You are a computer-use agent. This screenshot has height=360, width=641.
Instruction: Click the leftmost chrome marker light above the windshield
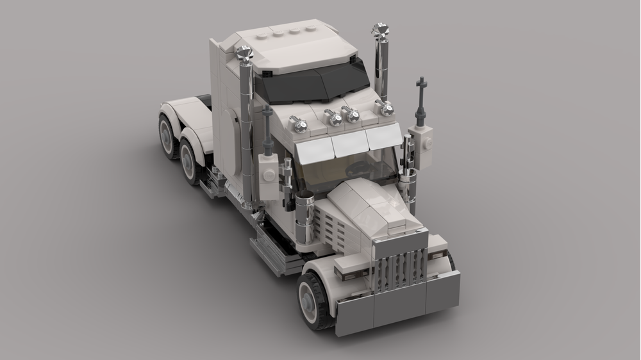296,121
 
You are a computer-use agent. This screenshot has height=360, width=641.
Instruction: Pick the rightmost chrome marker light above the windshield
386,108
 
